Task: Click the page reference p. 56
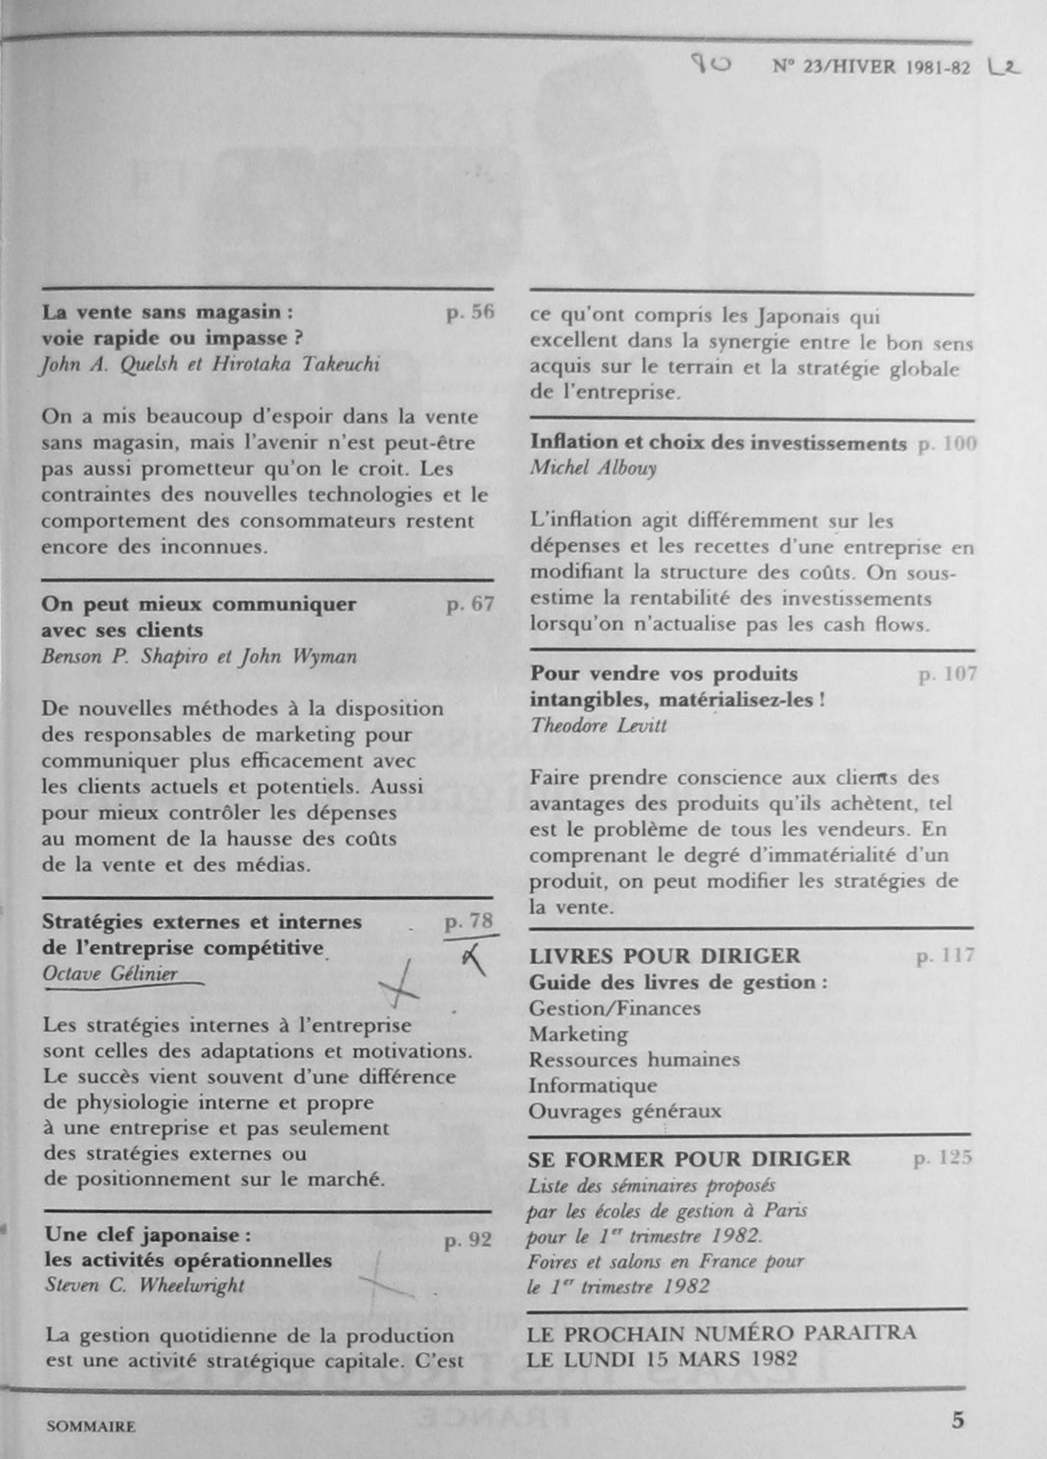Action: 470,313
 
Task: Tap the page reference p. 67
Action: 470,604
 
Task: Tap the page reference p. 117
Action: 945,957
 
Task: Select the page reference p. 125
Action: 943,1158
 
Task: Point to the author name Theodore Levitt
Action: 598,726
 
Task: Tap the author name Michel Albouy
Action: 593,468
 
